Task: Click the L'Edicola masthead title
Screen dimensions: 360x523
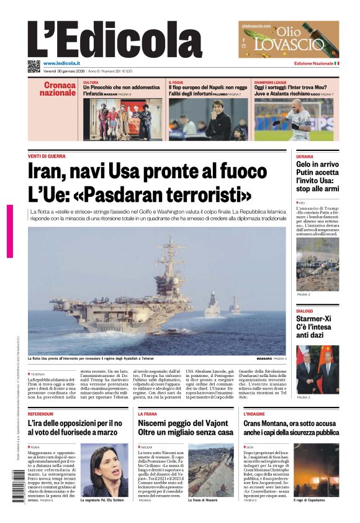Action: tap(115, 40)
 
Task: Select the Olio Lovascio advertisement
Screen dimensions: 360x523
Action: tap(289, 39)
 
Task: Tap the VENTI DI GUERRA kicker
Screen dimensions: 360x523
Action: tap(47, 156)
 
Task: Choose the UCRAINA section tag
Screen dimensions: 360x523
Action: tap(305, 157)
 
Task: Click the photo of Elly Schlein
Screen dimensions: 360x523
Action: tap(104, 470)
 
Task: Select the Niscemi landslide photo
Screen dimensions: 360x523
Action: tap(211, 470)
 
